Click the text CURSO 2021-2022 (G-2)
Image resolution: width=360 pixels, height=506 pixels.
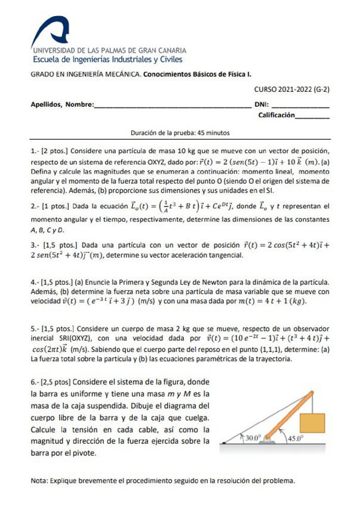[293, 89]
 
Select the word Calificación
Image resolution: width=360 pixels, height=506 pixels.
[276, 115]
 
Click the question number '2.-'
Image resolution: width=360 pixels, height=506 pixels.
[35, 206]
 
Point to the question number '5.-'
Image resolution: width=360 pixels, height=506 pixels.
[35, 328]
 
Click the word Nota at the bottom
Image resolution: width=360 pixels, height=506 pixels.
[39, 480]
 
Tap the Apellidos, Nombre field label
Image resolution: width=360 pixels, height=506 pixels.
[62, 104]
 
